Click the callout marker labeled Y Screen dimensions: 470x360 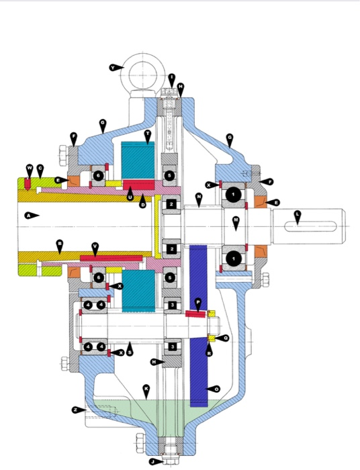pos(116,67)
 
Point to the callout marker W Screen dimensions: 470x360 pos(30,168)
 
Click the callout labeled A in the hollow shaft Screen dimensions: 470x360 pos(28,216)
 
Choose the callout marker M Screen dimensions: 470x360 pos(236,220)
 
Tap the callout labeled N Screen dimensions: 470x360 pos(199,197)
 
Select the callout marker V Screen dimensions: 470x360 pos(95,246)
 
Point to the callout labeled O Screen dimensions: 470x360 pos(216,388)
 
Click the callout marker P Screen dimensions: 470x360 pos(197,303)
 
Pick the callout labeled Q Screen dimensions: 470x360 pos(225,338)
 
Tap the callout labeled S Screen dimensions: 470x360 pos(130,351)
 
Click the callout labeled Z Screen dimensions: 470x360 pos(75,410)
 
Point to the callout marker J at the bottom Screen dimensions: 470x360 pos(153,461)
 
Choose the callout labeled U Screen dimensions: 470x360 pos(130,196)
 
